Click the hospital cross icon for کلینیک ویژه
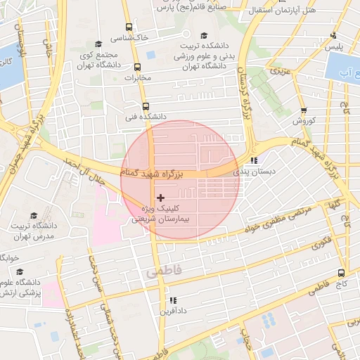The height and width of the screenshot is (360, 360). (160, 198)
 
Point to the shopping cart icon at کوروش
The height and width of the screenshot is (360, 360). (304, 110)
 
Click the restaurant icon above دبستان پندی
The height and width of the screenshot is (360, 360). (254, 160)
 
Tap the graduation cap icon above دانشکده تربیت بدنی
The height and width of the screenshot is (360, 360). (204, 35)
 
